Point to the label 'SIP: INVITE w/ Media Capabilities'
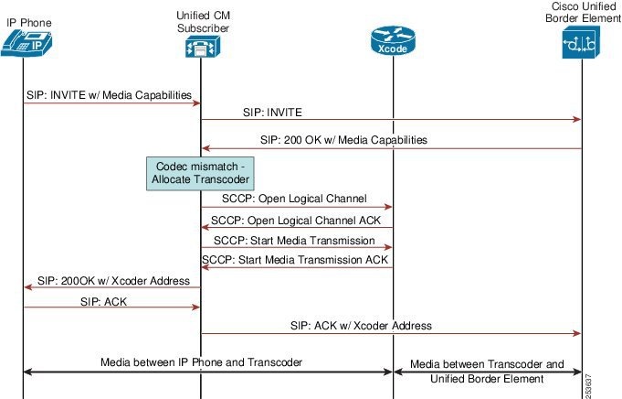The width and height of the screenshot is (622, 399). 107,94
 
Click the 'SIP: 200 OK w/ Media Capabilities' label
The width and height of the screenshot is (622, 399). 343,140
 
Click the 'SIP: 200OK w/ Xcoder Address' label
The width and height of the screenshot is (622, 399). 111,280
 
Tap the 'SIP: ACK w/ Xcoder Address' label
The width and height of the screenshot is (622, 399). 360,325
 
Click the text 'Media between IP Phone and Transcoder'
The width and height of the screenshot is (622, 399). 201,362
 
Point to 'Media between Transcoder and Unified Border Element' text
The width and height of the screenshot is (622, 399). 487,371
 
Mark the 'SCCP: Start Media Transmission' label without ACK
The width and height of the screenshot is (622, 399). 294,240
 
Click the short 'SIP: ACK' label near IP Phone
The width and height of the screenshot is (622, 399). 104,300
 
